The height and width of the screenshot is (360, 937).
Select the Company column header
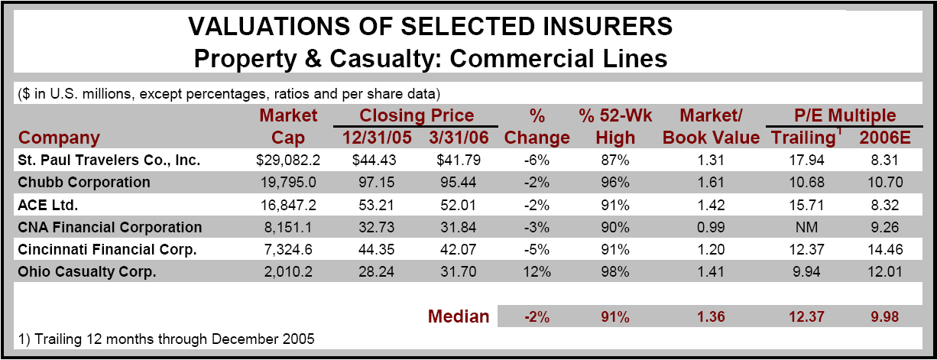pos(59,138)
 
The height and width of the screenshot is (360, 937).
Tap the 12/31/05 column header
pos(377,138)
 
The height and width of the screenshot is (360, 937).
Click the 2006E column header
pos(885,138)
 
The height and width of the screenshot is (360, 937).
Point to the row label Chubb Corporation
pos(84,183)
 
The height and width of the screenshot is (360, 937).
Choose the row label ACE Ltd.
pos(47,205)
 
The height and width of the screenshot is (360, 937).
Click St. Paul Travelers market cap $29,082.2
pos(288,161)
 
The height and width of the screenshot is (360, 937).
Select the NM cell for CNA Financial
pos(806,227)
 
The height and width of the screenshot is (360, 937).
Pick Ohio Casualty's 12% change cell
pos(537,272)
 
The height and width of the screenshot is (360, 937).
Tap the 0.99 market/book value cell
pos(711,227)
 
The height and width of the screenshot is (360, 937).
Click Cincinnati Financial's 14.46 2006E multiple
pos(885,249)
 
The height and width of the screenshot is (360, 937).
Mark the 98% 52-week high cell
pos(615,272)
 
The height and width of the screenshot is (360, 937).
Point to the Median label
pos(459,316)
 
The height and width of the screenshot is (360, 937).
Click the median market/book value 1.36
pos(711,316)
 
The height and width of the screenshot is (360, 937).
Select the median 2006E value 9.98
pos(885,316)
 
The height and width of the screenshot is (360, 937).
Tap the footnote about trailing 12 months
pos(166,339)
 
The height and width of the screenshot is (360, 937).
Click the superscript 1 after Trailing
pos(838,131)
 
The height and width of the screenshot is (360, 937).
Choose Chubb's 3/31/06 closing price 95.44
pos(458,183)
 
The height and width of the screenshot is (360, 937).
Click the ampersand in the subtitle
pos(313,59)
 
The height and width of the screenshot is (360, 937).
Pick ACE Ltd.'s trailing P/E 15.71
pos(806,205)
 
